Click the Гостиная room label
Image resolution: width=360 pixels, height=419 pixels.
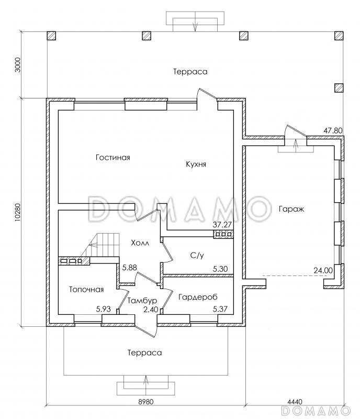(113, 157)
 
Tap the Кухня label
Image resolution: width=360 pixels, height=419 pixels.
(196, 164)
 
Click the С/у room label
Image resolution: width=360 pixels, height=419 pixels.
(196, 256)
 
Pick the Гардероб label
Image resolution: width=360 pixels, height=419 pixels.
(194, 297)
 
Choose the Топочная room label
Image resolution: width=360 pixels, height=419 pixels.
(86, 289)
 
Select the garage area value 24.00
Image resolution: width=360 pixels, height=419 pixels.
(323, 270)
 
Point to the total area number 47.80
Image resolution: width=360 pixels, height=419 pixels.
(333, 130)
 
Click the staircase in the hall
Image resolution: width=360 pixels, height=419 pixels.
(99, 247)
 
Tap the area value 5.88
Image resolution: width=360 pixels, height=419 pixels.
(130, 267)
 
